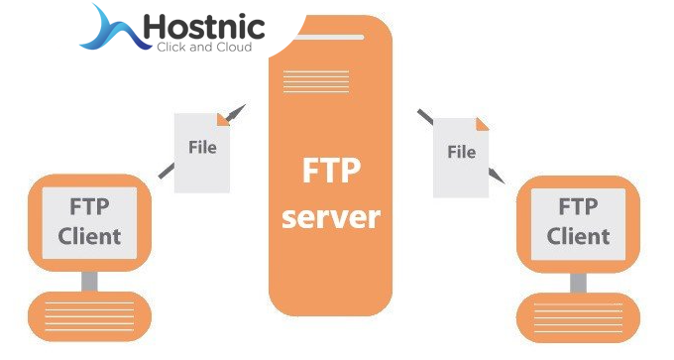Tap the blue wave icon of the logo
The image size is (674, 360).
(109, 29)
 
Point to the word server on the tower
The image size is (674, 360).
(331, 216)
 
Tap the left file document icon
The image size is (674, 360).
(202, 151)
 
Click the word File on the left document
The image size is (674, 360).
(202, 149)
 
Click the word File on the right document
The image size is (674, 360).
(461, 153)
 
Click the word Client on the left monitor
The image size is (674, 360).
(89, 237)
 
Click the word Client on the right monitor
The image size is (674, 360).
(578, 237)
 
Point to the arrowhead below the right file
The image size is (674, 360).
(497, 179)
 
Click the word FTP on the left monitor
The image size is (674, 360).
(89, 207)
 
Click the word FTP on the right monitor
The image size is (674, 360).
(578, 207)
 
